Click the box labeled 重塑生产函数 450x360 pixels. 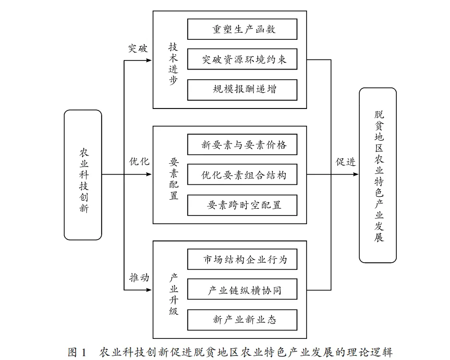tap(242, 29)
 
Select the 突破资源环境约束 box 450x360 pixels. tap(242, 60)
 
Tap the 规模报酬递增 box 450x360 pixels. tap(242, 89)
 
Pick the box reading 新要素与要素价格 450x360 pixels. tap(242, 144)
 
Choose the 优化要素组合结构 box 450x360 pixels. tap(242, 175)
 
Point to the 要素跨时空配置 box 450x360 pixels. tap(242, 205)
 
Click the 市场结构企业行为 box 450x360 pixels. tap(242, 260)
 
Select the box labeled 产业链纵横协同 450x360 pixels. tap(242, 290)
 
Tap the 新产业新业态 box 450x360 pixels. tap(242, 320)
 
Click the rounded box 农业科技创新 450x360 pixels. tap(83, 175)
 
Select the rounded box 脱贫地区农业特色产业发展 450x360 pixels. tap(378, 175)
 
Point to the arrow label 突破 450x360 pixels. tap(138, 49)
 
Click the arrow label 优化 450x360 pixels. tap(139, 161)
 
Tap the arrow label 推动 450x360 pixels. tap(139, 277)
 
